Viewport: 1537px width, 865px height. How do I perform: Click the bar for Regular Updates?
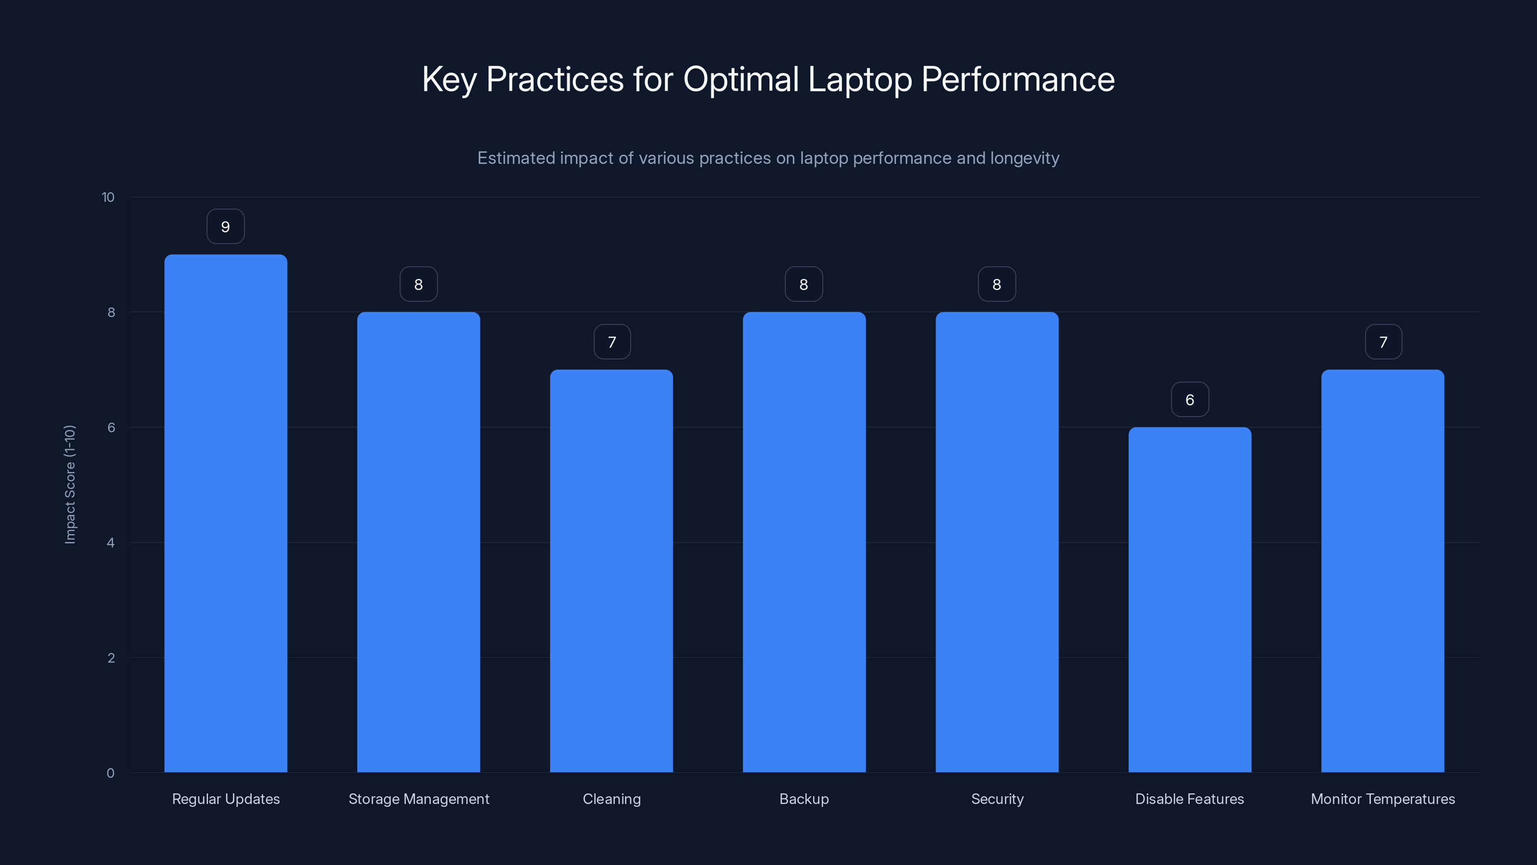pos(226,513)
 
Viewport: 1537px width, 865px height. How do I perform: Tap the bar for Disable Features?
pos(1190,599)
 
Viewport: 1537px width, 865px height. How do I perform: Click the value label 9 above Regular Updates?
pos(226,227)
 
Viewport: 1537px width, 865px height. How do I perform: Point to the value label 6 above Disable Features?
pos(1190,400)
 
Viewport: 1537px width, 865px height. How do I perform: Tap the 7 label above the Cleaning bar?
pos(611,342)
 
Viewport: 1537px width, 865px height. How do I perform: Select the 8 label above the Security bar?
pos(997,285)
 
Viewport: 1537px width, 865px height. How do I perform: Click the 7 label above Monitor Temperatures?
pos(1383,342)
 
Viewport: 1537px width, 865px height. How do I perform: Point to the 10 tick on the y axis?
pos(108,198)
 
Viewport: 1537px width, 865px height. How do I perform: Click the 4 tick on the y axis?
pos(110,543)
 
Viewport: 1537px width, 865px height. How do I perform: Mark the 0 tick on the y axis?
pos(110,773)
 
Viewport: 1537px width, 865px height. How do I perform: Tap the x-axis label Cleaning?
pos(611,799)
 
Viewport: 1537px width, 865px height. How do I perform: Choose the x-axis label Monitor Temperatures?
pos(1382,799)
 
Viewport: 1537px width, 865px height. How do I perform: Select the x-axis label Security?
pos(997,799)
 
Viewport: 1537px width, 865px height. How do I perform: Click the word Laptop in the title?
pos(860,79)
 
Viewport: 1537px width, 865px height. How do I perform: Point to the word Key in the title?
pos(449,79)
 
